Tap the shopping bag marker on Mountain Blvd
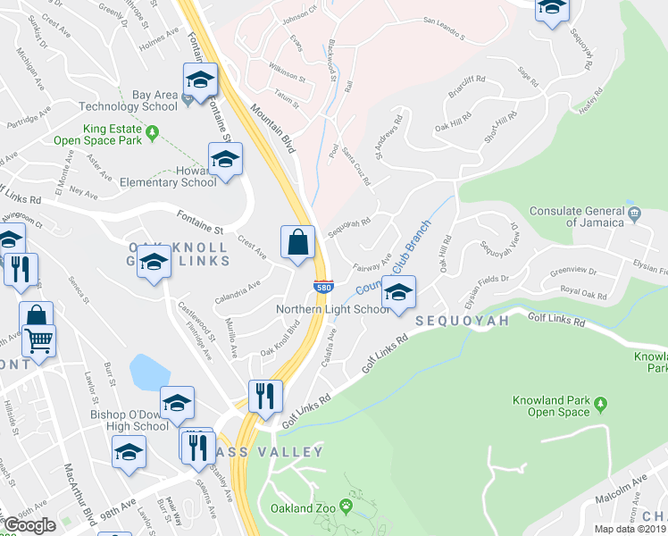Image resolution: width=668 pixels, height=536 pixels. (297, 242)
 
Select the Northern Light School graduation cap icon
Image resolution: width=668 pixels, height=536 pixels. (399, 293)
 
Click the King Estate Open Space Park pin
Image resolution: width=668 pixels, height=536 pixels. (153, 134)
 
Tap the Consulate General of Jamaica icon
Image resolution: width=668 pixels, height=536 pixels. (634, 214)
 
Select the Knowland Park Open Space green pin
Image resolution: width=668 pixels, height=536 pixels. (601, 404)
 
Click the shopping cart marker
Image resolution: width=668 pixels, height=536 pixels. (38, 339)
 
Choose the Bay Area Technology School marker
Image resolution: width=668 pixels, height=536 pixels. (200, 80)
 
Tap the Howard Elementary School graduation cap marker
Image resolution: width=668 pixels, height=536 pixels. (225, 160)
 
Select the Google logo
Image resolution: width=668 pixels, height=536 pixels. (29, 524)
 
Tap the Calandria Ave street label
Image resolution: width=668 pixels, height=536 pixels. (237, 291)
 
